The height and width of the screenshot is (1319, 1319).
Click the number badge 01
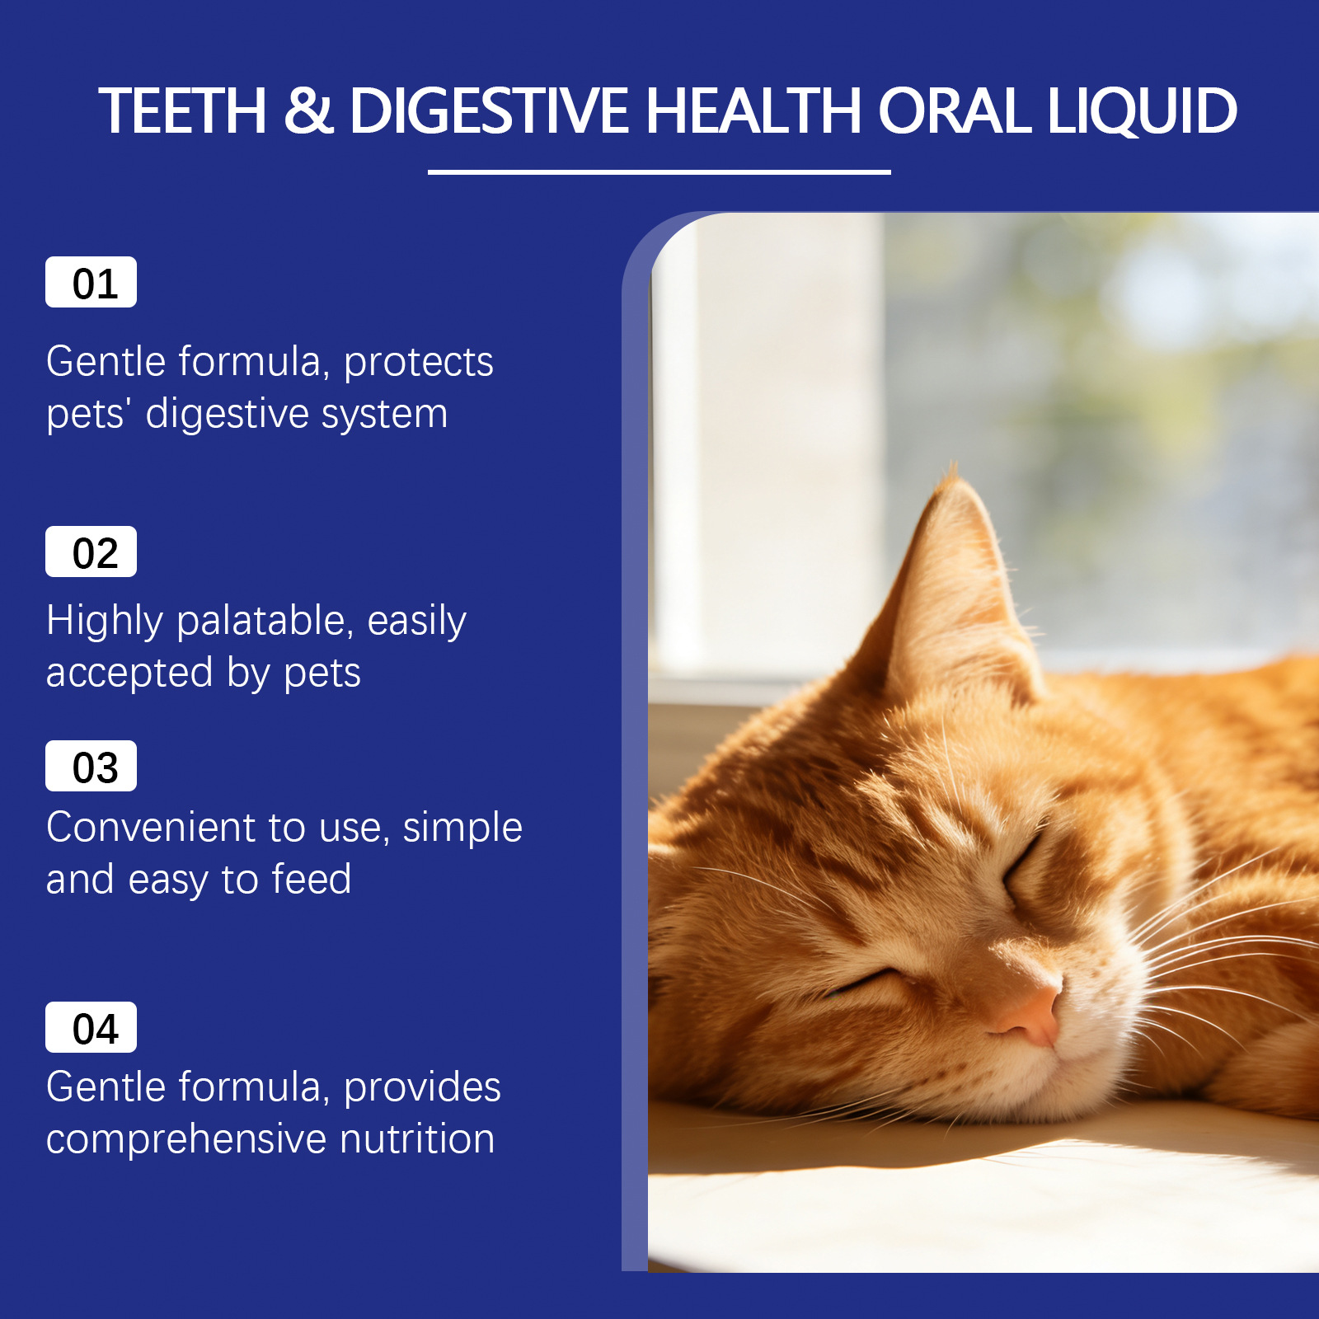[x=91, y=282]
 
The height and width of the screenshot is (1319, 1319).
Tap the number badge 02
[x=91, y=552]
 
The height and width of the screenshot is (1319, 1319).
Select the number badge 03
[x=91, y=766]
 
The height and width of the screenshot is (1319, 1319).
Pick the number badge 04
[x=91, y=1027]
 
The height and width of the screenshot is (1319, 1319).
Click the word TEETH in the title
[x=183, y=110]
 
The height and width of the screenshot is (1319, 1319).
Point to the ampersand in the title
[x=309, y=110]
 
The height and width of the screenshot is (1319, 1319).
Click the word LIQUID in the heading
[x=1142, y=111]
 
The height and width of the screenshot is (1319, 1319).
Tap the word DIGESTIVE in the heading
[x=490, y=110]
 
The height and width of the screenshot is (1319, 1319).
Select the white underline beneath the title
[x=659, y=172]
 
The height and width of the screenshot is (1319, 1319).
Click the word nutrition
[x=417, y=1138]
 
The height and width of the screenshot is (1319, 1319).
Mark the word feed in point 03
[x=312, y=879]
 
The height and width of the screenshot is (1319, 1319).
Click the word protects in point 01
[x=419, y=364]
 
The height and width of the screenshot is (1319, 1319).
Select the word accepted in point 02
[x=129, y=673]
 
